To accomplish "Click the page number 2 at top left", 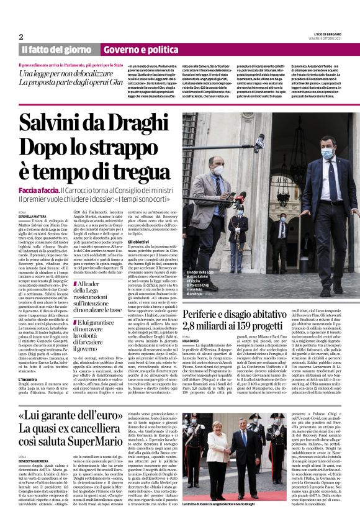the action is (x=21, y=37).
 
